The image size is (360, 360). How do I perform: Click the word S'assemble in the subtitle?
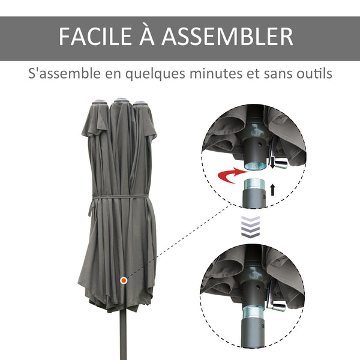[57, 75]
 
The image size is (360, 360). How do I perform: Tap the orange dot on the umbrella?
[124, 280]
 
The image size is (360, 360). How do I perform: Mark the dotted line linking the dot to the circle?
[180, 241]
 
